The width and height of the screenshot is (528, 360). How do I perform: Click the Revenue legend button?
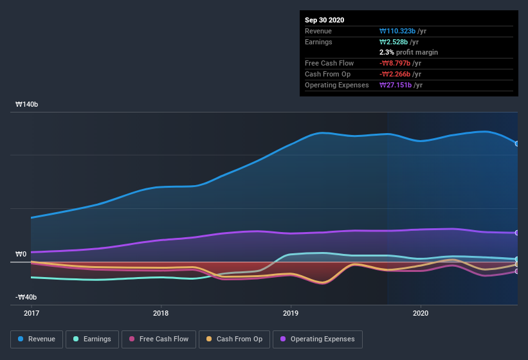(x=37, y=339)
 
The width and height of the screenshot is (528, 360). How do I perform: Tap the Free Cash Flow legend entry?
(x=158, y=339)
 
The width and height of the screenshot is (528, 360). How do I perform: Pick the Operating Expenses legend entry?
(x=317, y=339)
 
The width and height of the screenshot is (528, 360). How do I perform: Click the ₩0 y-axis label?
(x=21, y=255)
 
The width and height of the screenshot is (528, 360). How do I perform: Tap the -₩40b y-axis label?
(x=26, y=297)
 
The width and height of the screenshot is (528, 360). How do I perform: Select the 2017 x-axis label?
(x=31, y=313)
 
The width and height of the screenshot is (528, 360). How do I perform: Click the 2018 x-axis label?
(x=161, y=313)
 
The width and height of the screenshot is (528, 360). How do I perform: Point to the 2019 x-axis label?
(x=291, y=313)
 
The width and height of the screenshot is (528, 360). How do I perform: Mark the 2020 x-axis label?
(x=420, y=313)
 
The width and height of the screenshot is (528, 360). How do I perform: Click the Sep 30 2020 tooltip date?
(x=324, y=20)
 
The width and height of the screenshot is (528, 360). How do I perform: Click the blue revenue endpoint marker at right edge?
(x=517, y=143)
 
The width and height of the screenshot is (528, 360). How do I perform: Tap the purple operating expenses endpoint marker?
(x=517, y=233)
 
